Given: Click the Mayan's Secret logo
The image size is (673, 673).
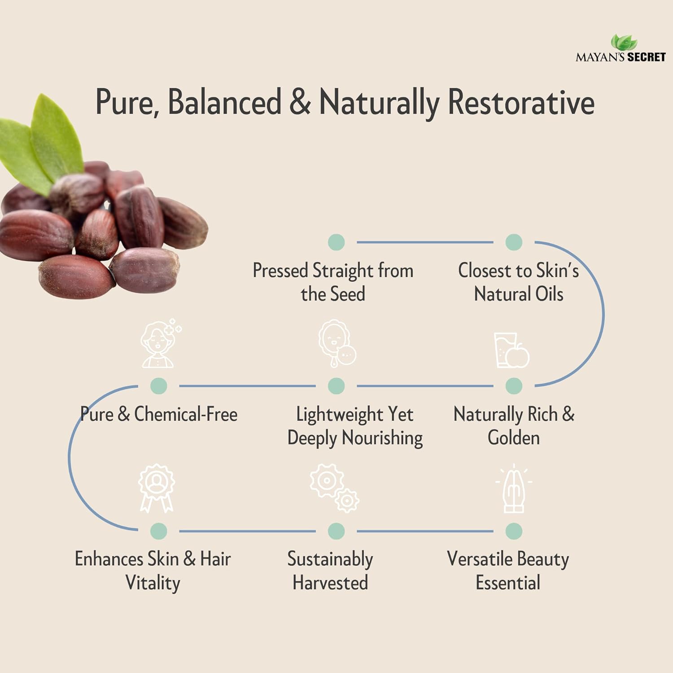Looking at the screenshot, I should (621, 49).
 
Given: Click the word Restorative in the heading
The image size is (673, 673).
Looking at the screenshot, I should (521, 102).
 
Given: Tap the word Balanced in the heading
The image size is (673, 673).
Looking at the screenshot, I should (224, 102).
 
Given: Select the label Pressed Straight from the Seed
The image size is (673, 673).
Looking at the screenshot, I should (333, 282).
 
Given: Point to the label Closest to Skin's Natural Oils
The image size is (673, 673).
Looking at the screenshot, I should (518, 282).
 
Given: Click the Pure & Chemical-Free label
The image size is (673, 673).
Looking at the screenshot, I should (159, 414).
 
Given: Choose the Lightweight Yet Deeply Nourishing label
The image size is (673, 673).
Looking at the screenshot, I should (355, 426).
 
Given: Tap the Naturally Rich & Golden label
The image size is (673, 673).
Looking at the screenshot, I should (514, 426).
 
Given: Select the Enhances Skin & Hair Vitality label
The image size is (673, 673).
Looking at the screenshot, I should (153, 571).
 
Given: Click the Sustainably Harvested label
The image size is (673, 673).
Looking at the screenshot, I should (330, 571).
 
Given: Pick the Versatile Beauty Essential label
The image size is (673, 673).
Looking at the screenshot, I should (508, 571).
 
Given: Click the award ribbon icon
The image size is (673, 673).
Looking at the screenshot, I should (156, 488).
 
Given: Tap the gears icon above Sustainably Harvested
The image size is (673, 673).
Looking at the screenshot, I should (334, 488).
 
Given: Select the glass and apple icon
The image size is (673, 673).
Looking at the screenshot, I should (511, 350).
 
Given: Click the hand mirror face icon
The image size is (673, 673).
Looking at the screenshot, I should (337, 344).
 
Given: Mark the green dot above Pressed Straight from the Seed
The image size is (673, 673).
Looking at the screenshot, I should (336, 242).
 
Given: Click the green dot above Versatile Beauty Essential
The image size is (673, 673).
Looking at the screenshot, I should (514, 531).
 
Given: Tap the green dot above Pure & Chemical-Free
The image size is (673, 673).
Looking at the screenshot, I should (158, 386).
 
